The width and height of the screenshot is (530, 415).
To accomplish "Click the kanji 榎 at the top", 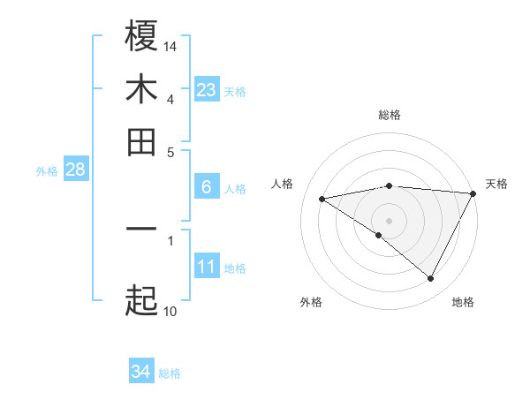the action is pyautogui.click(x=141, y=36).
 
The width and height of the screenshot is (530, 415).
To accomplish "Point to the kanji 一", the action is pyautogui.click(x=141, y=229).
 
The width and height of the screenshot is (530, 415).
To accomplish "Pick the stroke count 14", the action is pyautogui.click(x=170, y=46).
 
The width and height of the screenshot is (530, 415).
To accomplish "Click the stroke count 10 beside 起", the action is pyautogui.click(x=170, y=311).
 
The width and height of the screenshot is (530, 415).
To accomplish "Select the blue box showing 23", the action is pyautogui.click(x=207, y=90).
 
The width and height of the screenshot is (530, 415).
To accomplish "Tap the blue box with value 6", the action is pyautogui.click(x=207, y=187).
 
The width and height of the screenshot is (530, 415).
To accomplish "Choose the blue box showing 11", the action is pyautogui.click(x=207, y=267).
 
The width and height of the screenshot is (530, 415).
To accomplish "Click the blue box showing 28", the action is pyautogui.click(x=75, y=170).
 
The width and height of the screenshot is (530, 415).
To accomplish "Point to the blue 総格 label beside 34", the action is pyautogui.click(x=170, y=373).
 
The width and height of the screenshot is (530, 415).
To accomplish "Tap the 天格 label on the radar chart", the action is pyautogui.click(x=496, y=184).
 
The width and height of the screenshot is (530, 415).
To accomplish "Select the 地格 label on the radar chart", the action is pyautogui.click(x=463, y=302).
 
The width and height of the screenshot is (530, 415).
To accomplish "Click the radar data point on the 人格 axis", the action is pyautogui.click(x=322, y=199).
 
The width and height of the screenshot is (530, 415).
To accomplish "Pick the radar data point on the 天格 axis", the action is pyautogui.click(x=473, y=193).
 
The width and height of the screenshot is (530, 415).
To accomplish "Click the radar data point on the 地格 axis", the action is pyautogui.click(x=431, y=279).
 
